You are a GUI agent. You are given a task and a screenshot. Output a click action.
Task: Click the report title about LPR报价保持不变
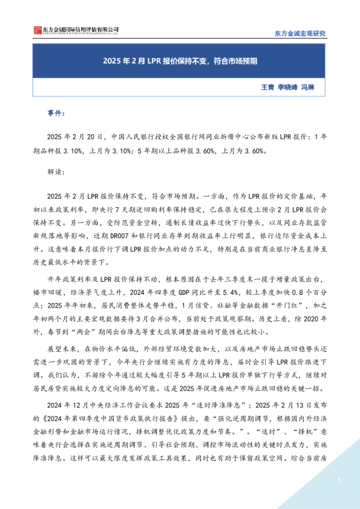180,62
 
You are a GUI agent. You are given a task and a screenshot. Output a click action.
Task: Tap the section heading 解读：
56,170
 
